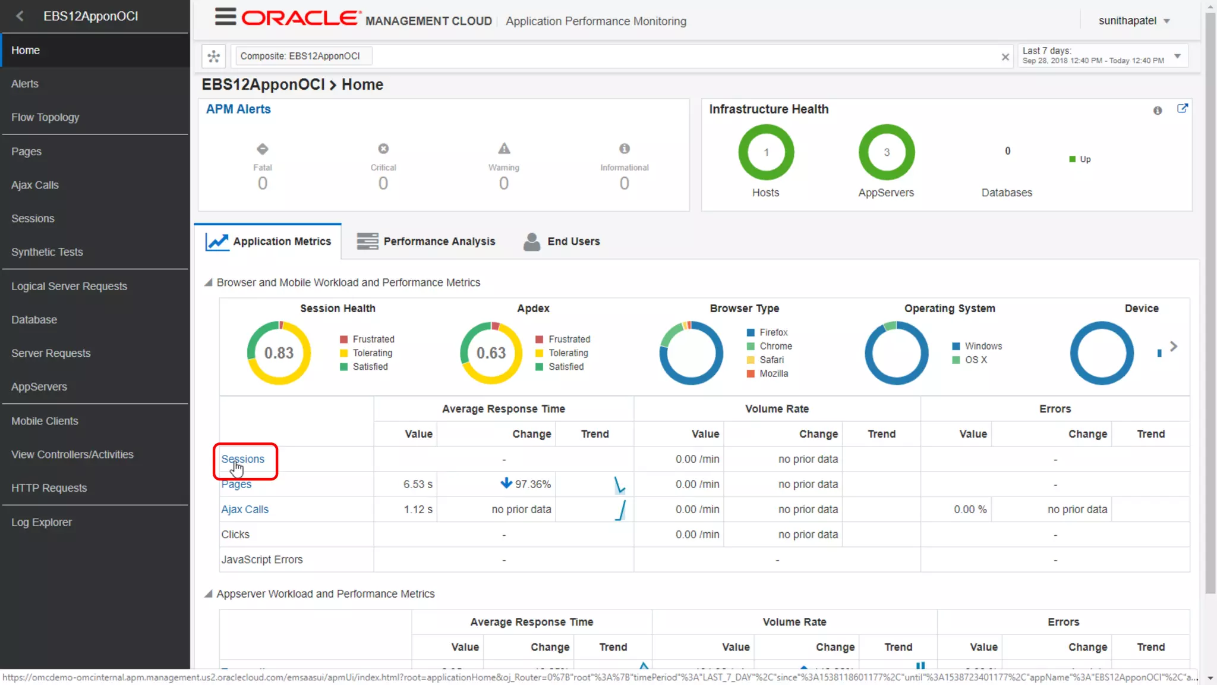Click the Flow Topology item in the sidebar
45,117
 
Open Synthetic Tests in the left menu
47,252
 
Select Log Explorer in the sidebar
42,522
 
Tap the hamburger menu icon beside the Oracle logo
225,17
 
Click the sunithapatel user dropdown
1134,21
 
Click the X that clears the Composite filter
1005,57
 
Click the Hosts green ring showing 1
766,152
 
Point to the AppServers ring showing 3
887,152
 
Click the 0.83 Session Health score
279,353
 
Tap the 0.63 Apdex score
491,353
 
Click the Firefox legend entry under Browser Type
773,332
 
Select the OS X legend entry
976,360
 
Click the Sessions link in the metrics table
242,459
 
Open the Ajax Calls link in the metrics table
245,510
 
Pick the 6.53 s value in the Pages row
418,485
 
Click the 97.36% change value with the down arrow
526,484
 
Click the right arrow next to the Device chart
1174,346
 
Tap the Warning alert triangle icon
504,149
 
